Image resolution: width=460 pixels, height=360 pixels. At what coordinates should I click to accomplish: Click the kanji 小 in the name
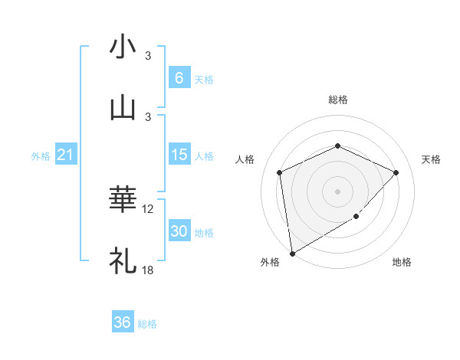click(x=123, y=47)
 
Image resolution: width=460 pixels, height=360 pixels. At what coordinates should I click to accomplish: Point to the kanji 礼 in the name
click(x=123, y=260)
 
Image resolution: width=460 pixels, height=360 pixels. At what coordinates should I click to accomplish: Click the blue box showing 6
click(x=179, y=78)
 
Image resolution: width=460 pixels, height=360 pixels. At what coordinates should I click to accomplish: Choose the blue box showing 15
click(x=179, y=155)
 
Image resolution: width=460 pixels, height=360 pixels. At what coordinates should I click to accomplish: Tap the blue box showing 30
click(x=179, y=231)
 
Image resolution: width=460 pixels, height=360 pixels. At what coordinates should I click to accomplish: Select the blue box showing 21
click(x=65, y=155)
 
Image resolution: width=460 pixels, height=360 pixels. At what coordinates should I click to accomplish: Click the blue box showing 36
click(x=123, y=322)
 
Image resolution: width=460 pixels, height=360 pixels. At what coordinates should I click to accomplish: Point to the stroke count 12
click(x=148, y=209)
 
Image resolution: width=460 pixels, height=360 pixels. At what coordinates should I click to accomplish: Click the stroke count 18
click(x=148, y=270)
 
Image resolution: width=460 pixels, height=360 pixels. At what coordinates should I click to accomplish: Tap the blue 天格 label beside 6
click(x=204, y=79)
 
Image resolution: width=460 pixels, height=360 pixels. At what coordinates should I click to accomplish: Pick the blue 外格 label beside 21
click(x=41, y=156)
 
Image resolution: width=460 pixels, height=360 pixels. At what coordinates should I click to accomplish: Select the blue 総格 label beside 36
click(x=147, y=323)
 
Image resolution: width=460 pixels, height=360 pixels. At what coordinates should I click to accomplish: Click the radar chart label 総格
click(x=337, y=100)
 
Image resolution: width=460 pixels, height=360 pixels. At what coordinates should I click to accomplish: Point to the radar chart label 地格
click(x=402, y=262)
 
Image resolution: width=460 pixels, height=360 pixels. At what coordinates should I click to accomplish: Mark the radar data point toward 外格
click(x=291, y=253)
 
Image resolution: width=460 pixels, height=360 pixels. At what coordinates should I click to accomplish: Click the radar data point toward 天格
click(x=396, y=172)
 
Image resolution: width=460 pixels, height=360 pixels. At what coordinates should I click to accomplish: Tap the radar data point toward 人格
click(x=280, y=172)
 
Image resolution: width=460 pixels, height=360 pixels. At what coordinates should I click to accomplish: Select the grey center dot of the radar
click(x=337, y=191)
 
